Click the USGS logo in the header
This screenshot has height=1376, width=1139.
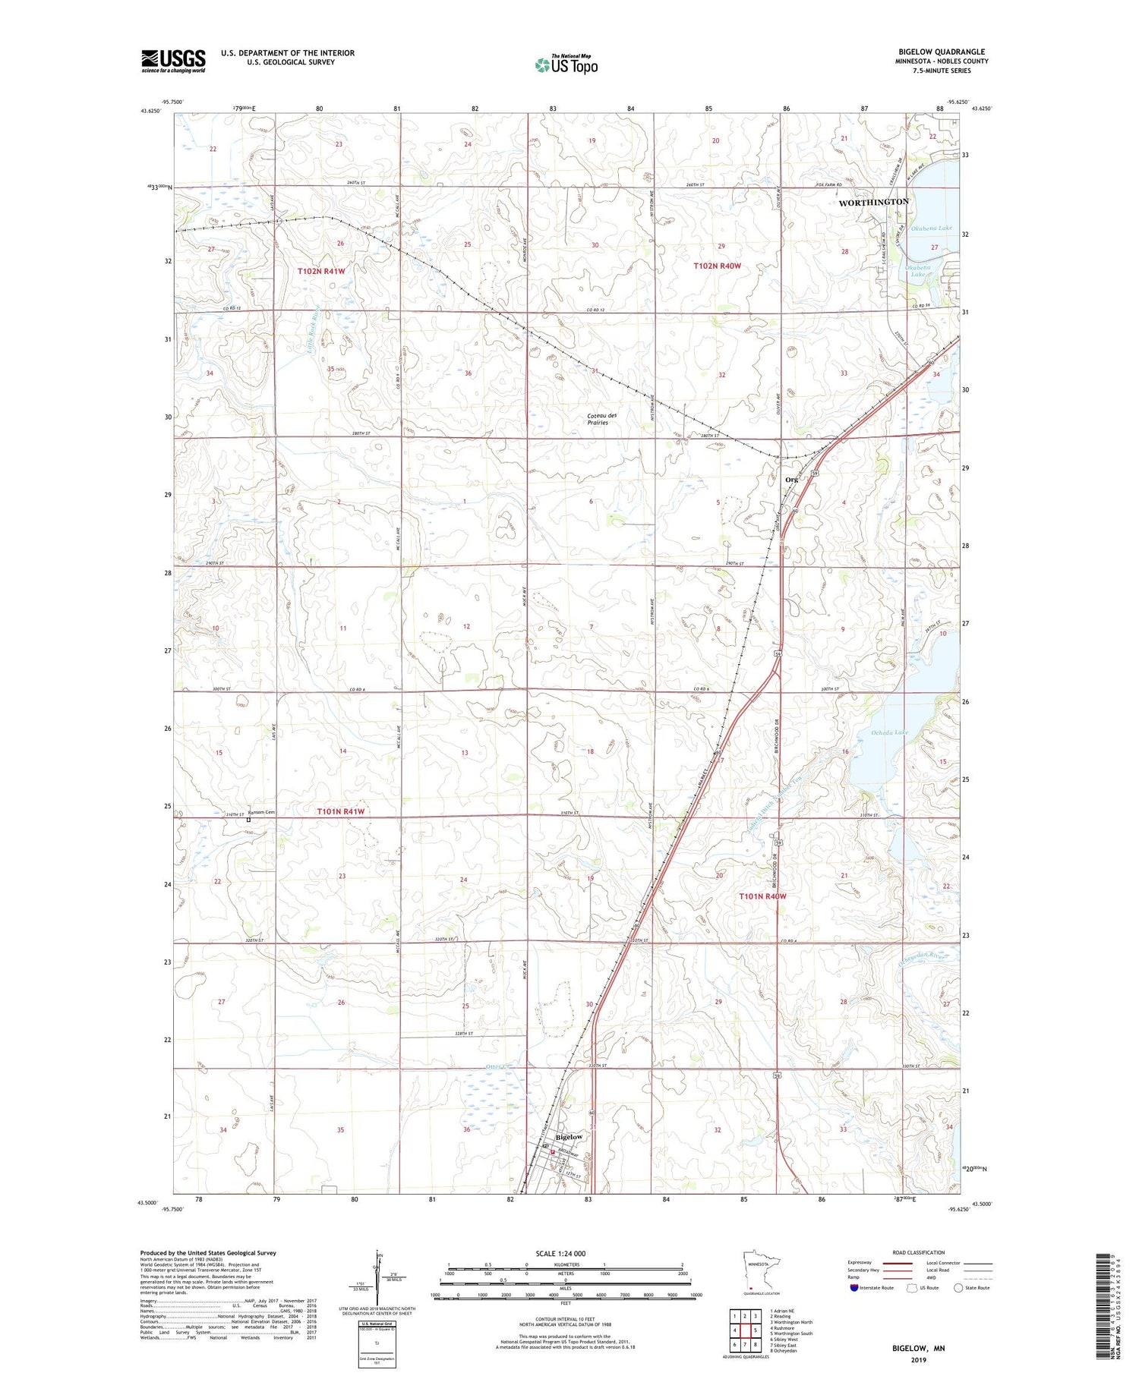click(173, 61)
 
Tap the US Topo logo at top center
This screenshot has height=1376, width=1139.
click(566, 65)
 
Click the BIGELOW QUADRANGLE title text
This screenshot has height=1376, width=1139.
click(941, 52)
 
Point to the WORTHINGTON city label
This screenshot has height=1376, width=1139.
click(873, 202)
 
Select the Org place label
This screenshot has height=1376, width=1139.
click(791, 479)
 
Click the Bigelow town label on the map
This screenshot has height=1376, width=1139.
click(569, 1137)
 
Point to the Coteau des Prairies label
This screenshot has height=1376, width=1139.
click(602, 419)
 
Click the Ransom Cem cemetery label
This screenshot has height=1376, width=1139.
click(260, 813)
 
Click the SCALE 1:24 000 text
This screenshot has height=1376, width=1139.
click(560, 1253)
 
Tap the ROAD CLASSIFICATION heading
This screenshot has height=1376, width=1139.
click(918, 1252)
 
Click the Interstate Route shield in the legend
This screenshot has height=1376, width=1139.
click(854, 1288)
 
